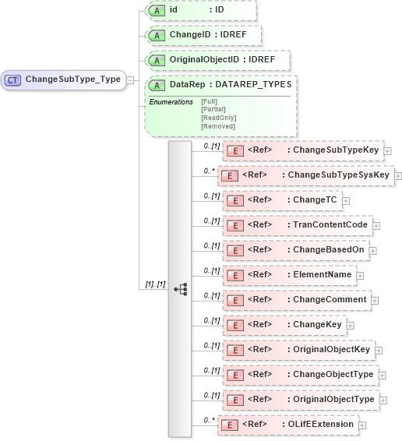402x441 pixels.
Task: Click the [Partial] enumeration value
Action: [x=214, y=109]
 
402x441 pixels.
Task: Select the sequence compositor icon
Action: [x=181, y=289]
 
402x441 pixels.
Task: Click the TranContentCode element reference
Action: [x=297, y=225]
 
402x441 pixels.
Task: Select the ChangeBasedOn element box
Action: [x=294, y=250]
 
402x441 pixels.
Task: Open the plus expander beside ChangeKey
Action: [x=351, y=326]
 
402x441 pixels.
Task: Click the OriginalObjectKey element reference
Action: [x=298, y=350]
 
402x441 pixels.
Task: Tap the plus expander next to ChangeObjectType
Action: [x=381, y=375]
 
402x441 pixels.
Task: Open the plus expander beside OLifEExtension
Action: [x=362, y=425]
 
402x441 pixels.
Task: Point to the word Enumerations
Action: [x=171, y=102]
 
